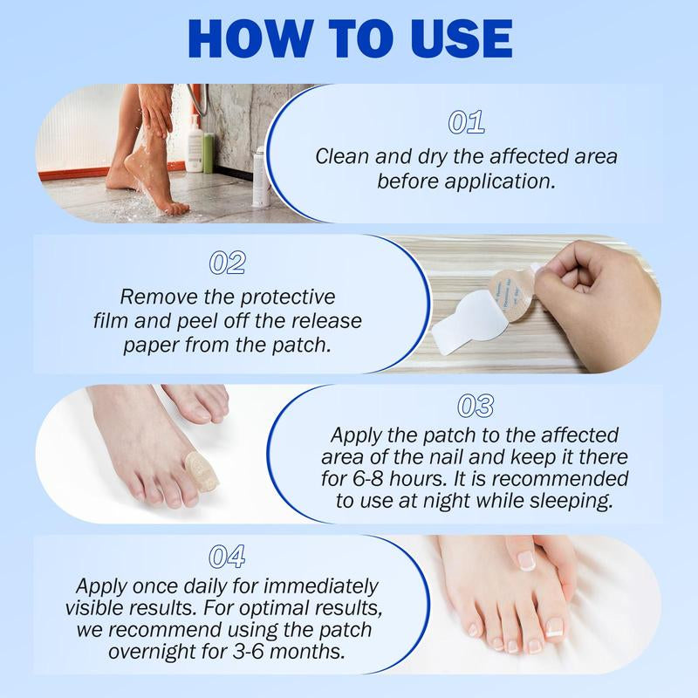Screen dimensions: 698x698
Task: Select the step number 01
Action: pyautogui.click(x=466, y=123)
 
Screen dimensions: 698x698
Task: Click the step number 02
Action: pyautogui.click(x=228, y=263)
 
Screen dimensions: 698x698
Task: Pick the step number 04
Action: pyautogui.click(x=228, y=556)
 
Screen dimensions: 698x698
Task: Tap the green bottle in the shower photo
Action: pyautogui.click(x=209, y=153)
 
